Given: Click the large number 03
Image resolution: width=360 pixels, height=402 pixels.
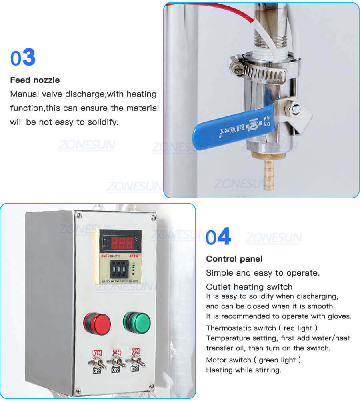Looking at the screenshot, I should click(23, 58).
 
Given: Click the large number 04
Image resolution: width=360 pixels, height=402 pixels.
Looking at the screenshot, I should click(218, 237).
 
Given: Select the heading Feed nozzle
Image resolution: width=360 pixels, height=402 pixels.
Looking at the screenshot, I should click(35, 80).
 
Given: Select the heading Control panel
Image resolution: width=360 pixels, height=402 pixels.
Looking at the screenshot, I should click(234, 259).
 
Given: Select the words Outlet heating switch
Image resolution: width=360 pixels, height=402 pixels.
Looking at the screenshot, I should click(249, 287).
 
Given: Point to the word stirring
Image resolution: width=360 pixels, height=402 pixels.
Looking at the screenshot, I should click(266, 370).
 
